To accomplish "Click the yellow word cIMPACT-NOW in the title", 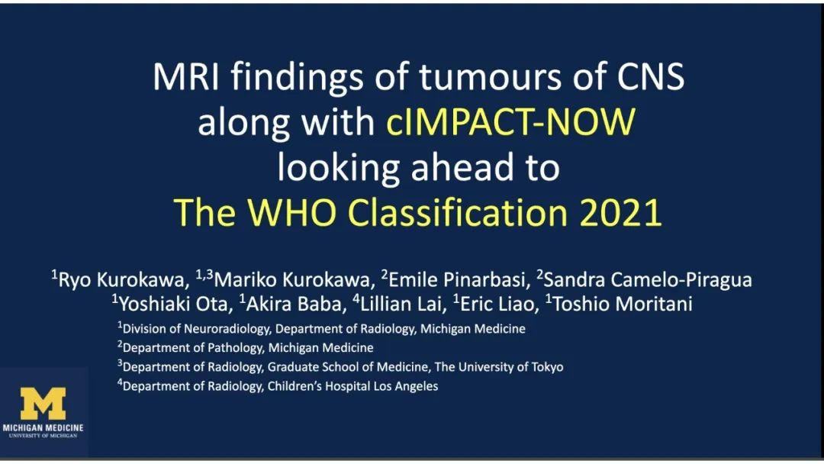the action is pos(510,122).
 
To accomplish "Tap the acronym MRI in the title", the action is pos(187,77).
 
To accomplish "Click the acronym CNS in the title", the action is pos(651,77).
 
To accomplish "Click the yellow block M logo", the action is pos(43,403).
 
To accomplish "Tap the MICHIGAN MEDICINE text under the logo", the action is pos(43,427).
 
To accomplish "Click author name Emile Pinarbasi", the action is pos(456,279).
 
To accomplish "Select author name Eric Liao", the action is pos(496,304).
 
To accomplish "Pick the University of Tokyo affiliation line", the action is pos(340,366).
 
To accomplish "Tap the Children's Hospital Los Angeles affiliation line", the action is pos(278,385).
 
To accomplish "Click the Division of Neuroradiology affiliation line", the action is pos(321,328).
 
